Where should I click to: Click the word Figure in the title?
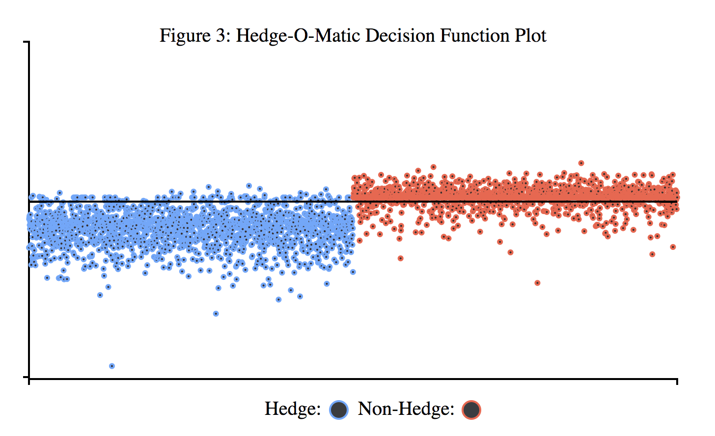(x=185, y=35)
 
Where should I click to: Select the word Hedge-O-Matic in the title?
(x=298, y=36)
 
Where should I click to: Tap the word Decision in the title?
(x=400, y=35)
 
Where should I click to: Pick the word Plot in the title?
(x=530, y=35)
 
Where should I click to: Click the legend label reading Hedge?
(x=293, y=409)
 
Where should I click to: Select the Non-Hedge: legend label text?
(x=406, y=409)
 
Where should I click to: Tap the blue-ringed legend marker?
(x=339, y=410)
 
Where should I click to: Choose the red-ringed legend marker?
(x=471, y=410)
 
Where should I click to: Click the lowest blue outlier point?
(x=112, y=366)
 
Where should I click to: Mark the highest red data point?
(x=581, y=163)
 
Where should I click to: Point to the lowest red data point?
(x=538, y=283)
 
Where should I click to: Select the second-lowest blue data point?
(x=216, y=314)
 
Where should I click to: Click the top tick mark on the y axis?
(x=27, y=42)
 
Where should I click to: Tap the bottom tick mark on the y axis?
(x=27, y=377)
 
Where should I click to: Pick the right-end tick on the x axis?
(x=677, y=381)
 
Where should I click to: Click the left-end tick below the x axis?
(x=29, y=381)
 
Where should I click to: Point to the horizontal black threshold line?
(x=353, y=201)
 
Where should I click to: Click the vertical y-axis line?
(x=29, y=210)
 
